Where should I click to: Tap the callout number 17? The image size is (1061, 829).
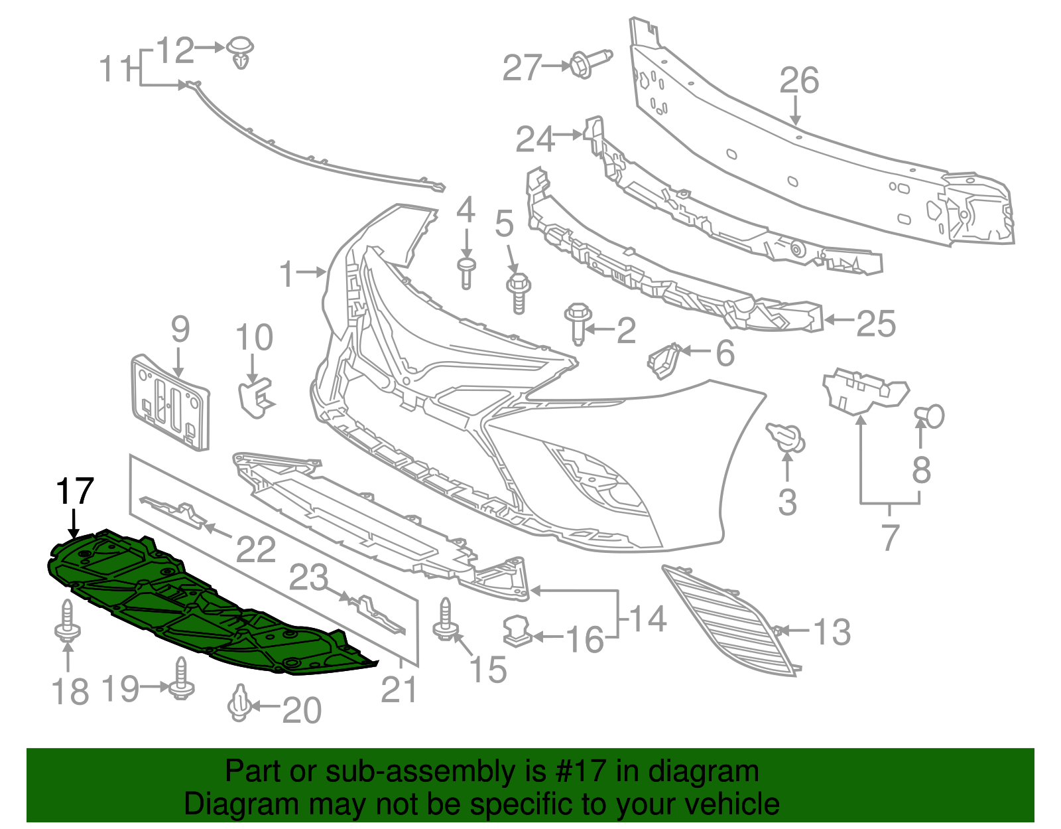pos(74,492)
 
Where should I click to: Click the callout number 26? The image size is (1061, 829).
pos(799,81)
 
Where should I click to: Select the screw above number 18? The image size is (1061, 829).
pos(67,621)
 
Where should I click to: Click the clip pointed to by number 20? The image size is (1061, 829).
pos(239,704)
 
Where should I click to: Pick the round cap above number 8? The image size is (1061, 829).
pos(930,416)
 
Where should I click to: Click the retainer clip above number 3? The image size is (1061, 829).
pos(786,437)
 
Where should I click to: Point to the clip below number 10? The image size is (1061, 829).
pos(254,396)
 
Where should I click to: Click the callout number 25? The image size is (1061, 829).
pos(875,324)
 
